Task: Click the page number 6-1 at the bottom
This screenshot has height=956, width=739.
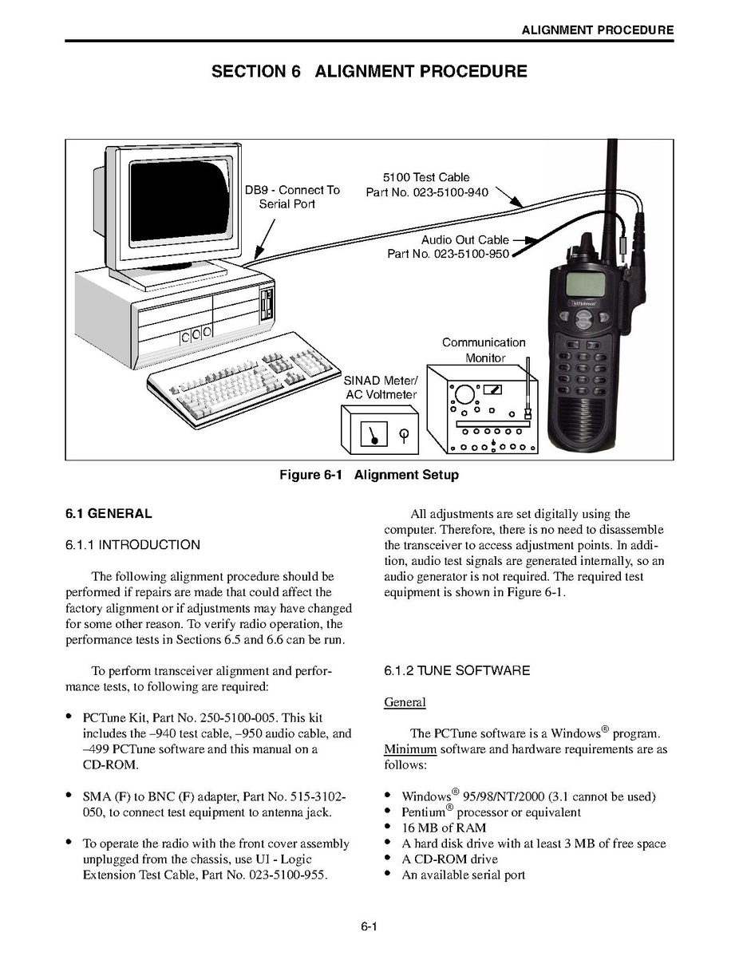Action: (x=369, y=926)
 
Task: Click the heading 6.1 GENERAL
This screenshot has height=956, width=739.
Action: (x=109, y=513)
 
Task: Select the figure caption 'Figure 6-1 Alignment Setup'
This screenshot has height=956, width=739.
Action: (x=369, y=474)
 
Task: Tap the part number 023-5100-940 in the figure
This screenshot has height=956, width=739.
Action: (x=451, y=192)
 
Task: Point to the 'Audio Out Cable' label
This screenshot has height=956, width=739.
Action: (x=464, y=239)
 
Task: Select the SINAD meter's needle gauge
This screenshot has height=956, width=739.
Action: (x=373, y=434)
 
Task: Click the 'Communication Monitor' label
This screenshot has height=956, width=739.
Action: (x=484, y=350)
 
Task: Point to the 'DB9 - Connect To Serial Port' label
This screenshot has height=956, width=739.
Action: (x=292, y=197)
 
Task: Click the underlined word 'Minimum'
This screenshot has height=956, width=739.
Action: (x=409, y=749)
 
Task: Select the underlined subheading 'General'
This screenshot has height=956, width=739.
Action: (x=405, y=701)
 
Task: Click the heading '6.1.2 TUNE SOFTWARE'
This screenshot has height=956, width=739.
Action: (x=456, y=670)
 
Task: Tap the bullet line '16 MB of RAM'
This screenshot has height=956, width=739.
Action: (x=444, y=828)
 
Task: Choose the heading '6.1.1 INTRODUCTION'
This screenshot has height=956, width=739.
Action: (x=132, y=544)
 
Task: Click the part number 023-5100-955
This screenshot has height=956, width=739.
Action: (x=288, y=875)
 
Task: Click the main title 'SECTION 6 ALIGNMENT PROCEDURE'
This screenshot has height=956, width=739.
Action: (x=369, y=71)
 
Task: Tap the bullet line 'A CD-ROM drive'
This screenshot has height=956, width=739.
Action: (x=449, y=859)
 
